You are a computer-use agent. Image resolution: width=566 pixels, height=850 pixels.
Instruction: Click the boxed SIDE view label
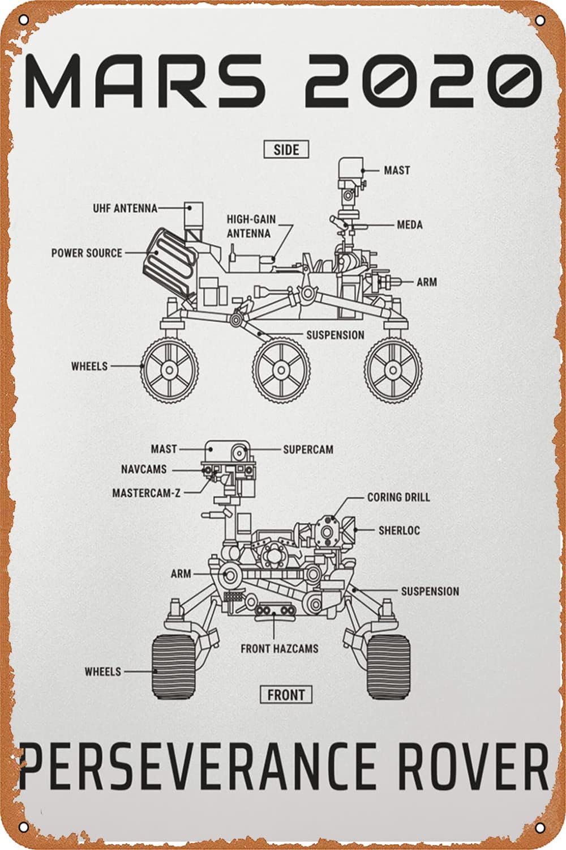tap(286, 150)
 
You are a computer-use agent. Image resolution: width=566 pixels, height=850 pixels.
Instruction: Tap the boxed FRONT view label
tap(286, 694)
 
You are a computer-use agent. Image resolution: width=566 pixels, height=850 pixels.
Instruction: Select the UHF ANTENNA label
tap(125, 209)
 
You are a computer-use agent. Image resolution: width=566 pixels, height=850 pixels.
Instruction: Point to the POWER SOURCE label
tap(87, 253)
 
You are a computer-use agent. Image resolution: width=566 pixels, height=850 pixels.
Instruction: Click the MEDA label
tap(410, 225)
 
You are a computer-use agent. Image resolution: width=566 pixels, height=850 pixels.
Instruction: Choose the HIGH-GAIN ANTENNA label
tap(248, 226)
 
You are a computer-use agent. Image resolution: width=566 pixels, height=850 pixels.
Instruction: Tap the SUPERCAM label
tap(308, 449)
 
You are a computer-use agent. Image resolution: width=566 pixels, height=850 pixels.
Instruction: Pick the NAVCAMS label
tap(144, 469)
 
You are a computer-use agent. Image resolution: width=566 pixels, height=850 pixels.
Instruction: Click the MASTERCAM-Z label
tap(146, 493)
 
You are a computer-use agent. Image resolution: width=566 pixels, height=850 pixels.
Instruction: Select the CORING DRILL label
tap(398, 497)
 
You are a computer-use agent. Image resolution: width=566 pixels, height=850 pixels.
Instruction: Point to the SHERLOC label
tap(399, 530)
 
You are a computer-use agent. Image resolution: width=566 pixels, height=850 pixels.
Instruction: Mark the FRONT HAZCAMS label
tap(280, 648)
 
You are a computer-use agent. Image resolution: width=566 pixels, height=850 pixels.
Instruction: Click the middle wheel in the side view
tap(281, 369)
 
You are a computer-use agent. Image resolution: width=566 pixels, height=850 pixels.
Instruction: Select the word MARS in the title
tap(144, 80)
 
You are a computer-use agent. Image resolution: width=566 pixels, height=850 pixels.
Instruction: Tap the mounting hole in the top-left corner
tap(23, 21)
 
